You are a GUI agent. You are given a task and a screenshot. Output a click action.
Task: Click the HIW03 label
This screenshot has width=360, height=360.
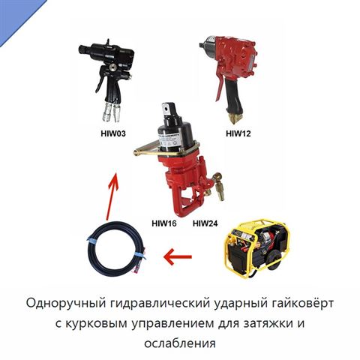[x=113, y=133]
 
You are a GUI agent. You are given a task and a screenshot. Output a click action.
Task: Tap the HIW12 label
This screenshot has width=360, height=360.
[x=238, y=133]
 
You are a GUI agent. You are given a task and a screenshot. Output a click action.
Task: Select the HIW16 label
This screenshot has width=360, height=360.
[x=164, y=223]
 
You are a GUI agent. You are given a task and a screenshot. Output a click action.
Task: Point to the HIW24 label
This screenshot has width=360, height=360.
[x=205, y=223]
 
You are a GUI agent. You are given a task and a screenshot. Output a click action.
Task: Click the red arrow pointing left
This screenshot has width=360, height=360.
[x=178, y=256]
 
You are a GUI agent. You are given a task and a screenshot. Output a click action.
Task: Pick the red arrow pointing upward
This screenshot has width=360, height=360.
[x=112, y=197]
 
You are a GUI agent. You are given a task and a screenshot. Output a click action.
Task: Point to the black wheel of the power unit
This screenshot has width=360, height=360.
[x=274, y=260]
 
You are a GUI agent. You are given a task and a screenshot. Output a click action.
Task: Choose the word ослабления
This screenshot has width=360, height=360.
[x=180, y=343]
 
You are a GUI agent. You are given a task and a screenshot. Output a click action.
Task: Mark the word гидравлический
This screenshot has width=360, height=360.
[x=160, y=304]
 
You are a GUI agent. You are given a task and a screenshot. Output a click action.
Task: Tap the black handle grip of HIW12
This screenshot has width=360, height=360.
[x=233, y=96]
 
